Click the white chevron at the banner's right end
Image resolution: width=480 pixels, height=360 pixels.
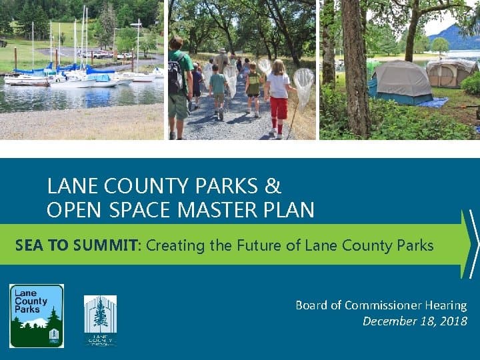point(473,244)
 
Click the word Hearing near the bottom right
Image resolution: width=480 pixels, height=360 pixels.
point(447,305)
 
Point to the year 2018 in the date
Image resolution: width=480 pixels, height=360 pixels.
point(453,321)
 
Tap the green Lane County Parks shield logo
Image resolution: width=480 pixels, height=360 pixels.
point(37,315)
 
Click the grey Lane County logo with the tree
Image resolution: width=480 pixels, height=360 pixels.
point(100,319)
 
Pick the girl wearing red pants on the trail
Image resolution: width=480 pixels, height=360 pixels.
point(279,97)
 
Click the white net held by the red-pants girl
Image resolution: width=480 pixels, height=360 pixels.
point(303,83)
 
